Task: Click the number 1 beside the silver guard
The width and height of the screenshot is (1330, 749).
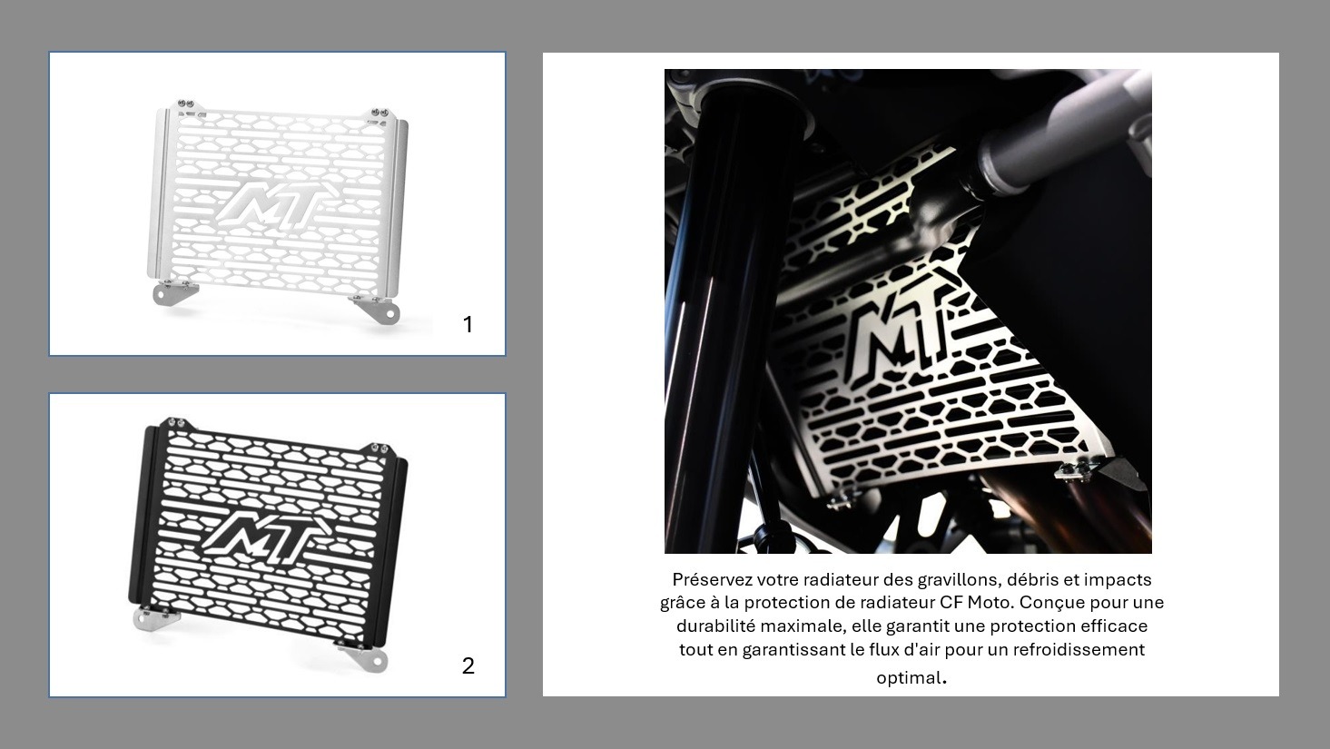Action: [468, 324]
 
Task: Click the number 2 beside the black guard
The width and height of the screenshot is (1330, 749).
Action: [468, 665]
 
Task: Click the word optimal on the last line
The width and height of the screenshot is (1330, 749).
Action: [909, 677]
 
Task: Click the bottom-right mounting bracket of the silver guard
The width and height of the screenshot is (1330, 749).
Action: [377, 309]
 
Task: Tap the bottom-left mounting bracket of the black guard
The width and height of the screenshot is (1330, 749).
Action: [155, 619]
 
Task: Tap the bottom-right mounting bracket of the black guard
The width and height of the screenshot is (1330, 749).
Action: [361, 656]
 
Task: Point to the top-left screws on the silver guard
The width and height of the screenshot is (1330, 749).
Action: [186, 103]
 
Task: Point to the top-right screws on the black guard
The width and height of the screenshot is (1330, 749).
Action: [379, 448]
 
